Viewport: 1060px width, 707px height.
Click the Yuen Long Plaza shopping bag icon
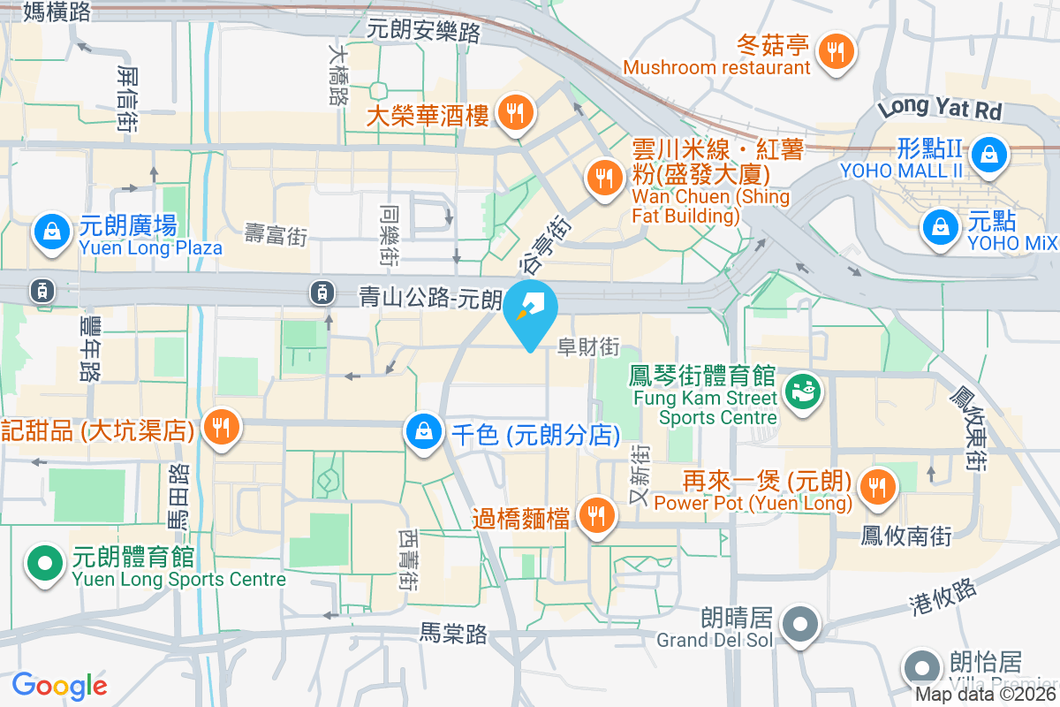click(x=52, y=232)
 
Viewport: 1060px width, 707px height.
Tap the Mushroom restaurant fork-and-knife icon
click(x=835, y=50)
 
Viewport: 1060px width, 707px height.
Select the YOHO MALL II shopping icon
click(x=989, y=156)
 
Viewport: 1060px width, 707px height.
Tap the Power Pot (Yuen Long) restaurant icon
click(x=876, y=485)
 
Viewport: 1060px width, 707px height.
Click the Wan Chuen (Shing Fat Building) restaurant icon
click(x=604, y=178)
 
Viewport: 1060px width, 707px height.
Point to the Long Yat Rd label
click(x=941, y=109)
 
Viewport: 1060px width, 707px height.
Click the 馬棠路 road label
click(x=453, y=633)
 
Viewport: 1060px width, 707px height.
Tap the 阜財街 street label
click(x=588, y=347)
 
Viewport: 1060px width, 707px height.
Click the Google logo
click(x=59, y=686)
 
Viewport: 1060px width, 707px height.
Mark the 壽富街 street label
click(x=276, y=235)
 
